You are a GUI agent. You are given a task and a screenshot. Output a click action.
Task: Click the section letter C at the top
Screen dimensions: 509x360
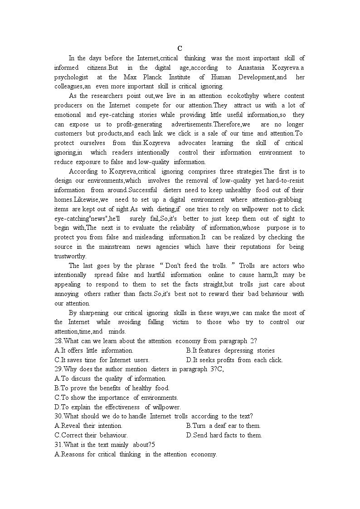click(180, 48)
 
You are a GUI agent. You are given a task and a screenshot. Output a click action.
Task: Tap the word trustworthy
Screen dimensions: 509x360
click(70, 256)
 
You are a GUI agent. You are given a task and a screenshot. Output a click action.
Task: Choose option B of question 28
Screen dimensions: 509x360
click(230, 350)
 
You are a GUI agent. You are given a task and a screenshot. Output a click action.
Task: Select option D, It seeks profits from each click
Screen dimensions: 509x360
click(234, 360)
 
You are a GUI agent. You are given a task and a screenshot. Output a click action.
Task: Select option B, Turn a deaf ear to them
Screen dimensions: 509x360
click(223, 426)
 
